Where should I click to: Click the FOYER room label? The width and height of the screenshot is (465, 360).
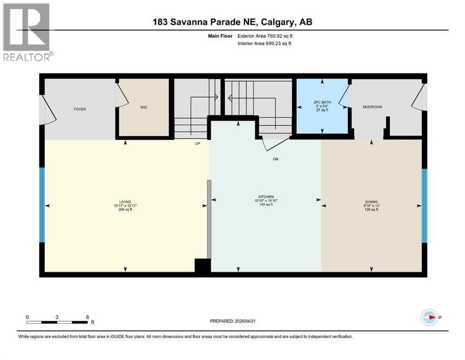tap(80, 109)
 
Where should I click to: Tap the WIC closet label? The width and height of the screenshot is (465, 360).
tap(144, 107)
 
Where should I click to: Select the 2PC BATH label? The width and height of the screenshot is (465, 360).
tap(322, 102)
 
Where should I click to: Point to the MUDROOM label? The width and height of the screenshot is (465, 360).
tap(372, 107)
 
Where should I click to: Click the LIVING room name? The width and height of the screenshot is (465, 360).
tap(125, 202)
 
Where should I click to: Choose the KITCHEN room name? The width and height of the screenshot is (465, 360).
tap(266, 197)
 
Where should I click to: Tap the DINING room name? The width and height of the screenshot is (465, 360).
tap(371, 202)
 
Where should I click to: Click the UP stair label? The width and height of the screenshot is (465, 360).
tap(198, 143)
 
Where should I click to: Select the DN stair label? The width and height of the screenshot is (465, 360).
tap(275, 159)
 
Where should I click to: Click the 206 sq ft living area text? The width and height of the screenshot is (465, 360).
tap(125, 210)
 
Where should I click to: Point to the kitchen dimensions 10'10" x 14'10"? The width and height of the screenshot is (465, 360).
tap(266, 201)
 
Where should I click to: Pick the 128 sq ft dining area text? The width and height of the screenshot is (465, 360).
tap(371, 210)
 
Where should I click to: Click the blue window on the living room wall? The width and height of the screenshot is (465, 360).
tap(42, 205)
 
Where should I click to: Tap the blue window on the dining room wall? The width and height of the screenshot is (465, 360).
tap(424, 206)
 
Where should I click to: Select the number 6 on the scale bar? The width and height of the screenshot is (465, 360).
tap(88, 317)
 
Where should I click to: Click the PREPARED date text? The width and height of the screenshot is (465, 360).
tap(232, 321)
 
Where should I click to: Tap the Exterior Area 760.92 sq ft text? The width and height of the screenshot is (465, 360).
tap(265, 36)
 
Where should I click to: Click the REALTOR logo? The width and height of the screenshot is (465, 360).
tap(28, 32)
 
